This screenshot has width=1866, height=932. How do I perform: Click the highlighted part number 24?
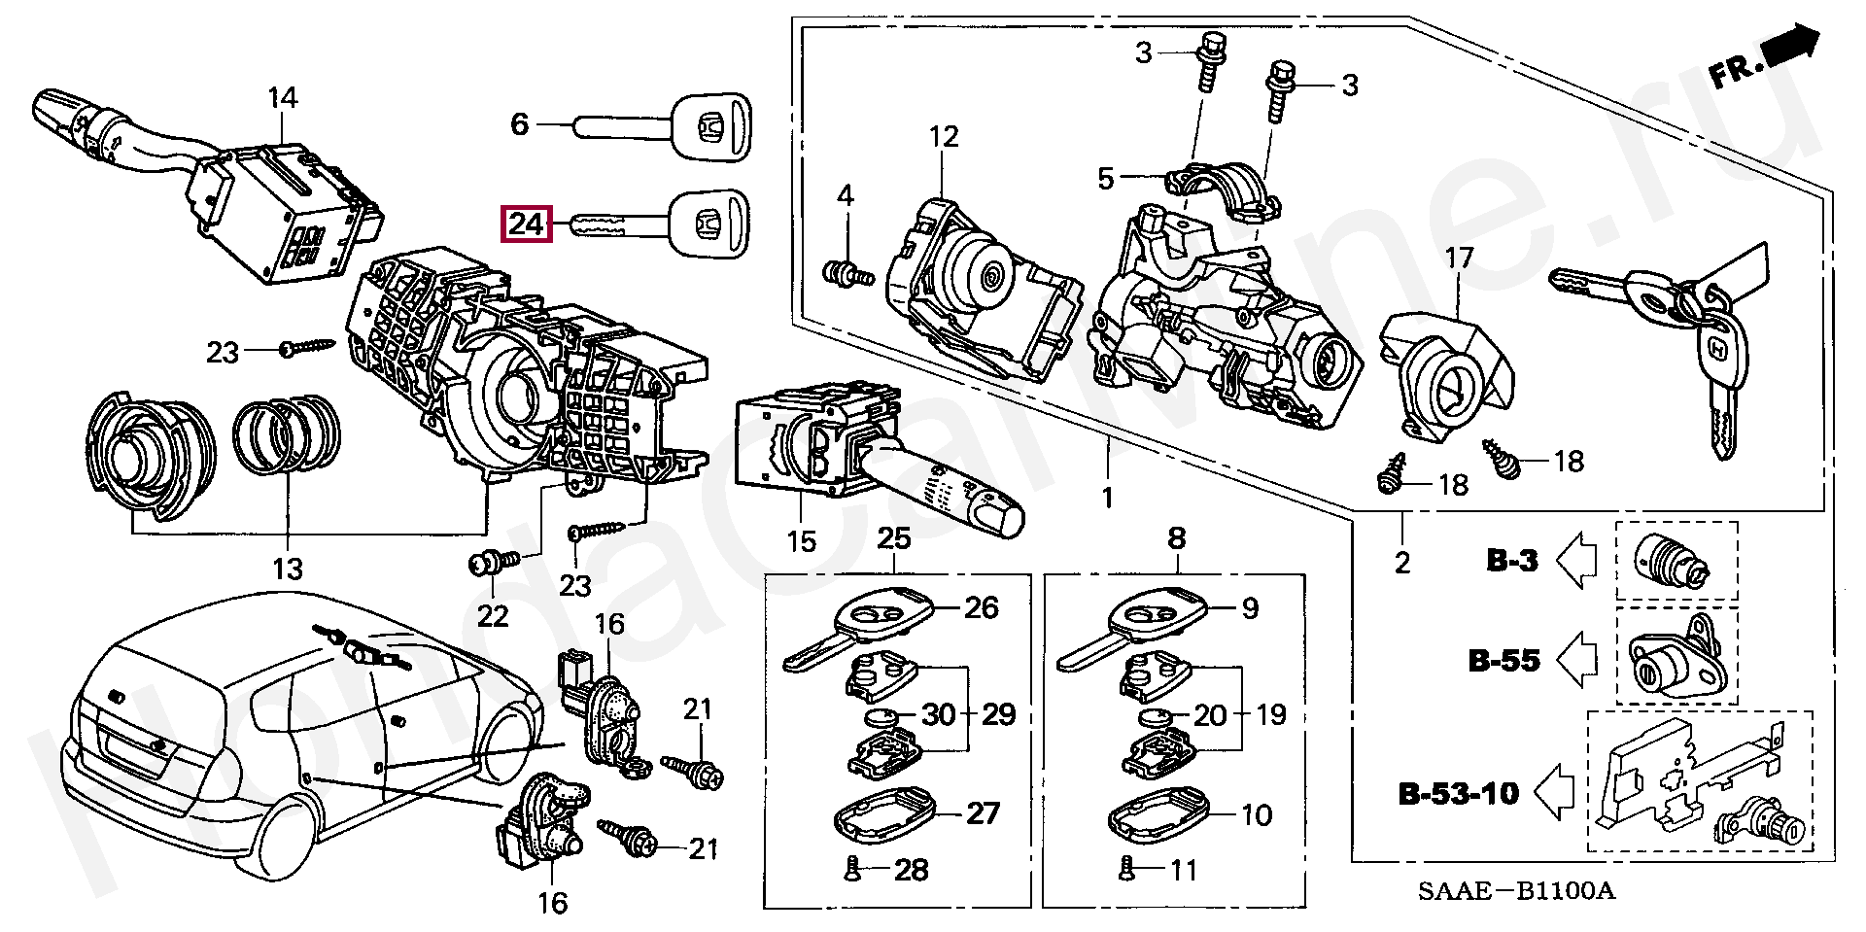tap(526, 224)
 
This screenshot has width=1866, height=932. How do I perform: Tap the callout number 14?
tap(282, 98)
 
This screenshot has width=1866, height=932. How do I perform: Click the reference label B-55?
tap(1503, 661)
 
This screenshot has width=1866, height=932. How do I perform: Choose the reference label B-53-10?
tap(1458, 794)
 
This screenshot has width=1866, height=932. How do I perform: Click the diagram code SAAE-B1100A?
tap(1516, 890)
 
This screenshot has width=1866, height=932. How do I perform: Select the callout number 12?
tap(944, 137)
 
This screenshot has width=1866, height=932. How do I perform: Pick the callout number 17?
tap(1459, 259)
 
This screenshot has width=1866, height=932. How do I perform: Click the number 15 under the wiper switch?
tap(802, 541)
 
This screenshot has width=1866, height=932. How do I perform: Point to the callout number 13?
tap(288, 570)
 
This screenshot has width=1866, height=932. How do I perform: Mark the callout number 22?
tap(493, 616)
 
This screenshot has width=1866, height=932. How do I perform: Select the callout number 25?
tap(894, 538)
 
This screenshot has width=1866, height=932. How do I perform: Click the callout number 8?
tap(1177, 538)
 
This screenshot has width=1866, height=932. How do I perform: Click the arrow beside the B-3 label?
tap(1576, 561)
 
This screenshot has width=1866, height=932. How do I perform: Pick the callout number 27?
tap(983, 813)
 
